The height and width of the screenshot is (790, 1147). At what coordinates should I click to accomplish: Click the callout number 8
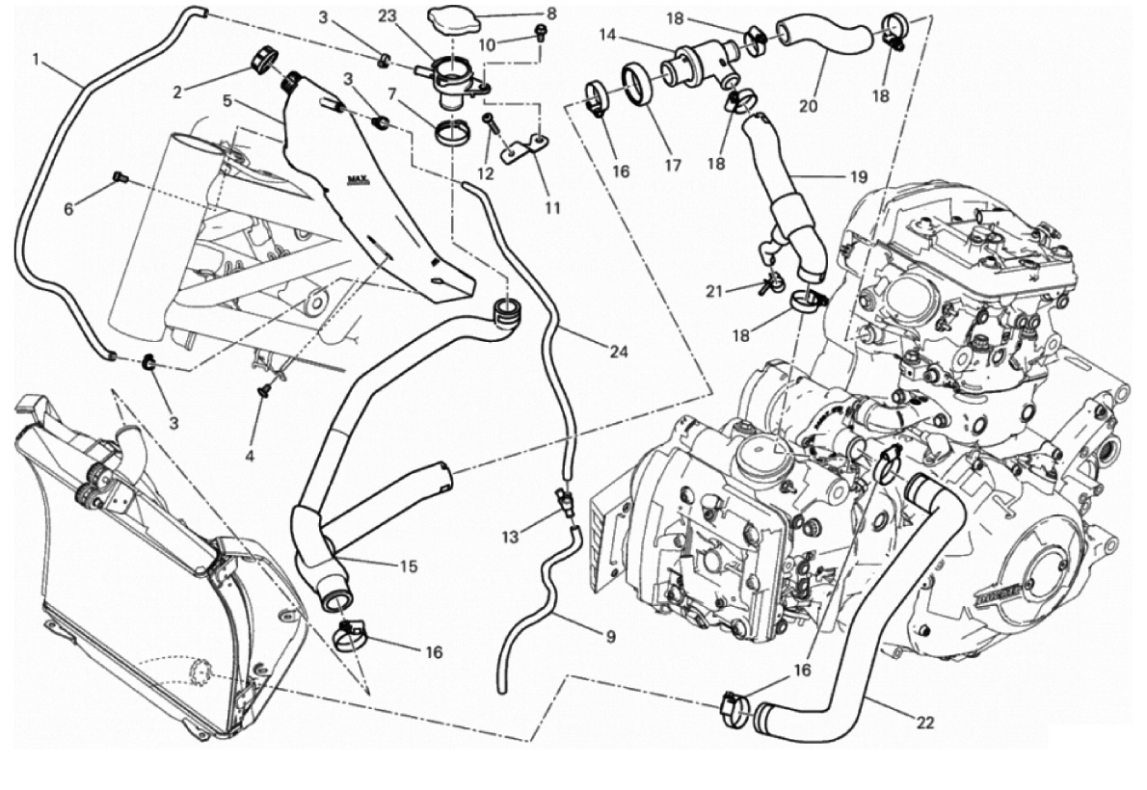click(x=551, y=14)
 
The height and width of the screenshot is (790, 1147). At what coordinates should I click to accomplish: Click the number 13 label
click(x=510, y=535)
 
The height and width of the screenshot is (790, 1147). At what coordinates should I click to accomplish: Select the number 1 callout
click(x=35, y=60)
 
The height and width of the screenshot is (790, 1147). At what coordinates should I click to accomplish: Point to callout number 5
click(x=225, y=99)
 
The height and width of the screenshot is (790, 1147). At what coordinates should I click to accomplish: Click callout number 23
click(x=387, y=15)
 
